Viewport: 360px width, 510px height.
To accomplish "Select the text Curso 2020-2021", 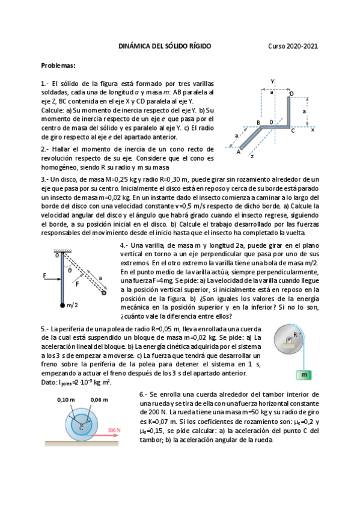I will tap(293, 46).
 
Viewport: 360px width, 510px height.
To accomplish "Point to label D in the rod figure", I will tap(291, 94).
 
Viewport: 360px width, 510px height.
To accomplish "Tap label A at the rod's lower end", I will tap(239, 152).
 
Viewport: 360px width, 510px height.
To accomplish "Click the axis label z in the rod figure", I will tap(252, 156).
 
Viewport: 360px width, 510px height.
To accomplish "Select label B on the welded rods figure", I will tap(258, 123).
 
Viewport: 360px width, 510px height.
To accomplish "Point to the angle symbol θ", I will tap(69, 270).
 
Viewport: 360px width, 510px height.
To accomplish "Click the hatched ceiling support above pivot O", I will tap(63, 251).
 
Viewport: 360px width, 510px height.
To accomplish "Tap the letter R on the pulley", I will tap(295, 334).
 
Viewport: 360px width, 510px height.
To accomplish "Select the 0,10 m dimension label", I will tap(65, 399).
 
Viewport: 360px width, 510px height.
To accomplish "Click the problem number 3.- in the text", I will tap(44, 179).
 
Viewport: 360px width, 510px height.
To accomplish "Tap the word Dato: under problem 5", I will tap(49, 382).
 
